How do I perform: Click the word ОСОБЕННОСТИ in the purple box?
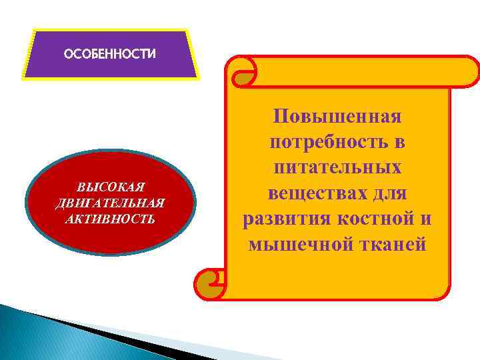point(109,54)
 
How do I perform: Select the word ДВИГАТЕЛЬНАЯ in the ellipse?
point(111,203)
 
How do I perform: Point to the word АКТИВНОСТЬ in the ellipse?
point(111,218)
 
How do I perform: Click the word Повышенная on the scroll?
point(337,117)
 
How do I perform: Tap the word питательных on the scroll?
point(337,169)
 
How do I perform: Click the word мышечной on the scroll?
point(297,245)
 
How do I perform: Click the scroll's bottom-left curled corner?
point(209,284)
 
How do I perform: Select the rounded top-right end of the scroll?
point(467,71)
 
